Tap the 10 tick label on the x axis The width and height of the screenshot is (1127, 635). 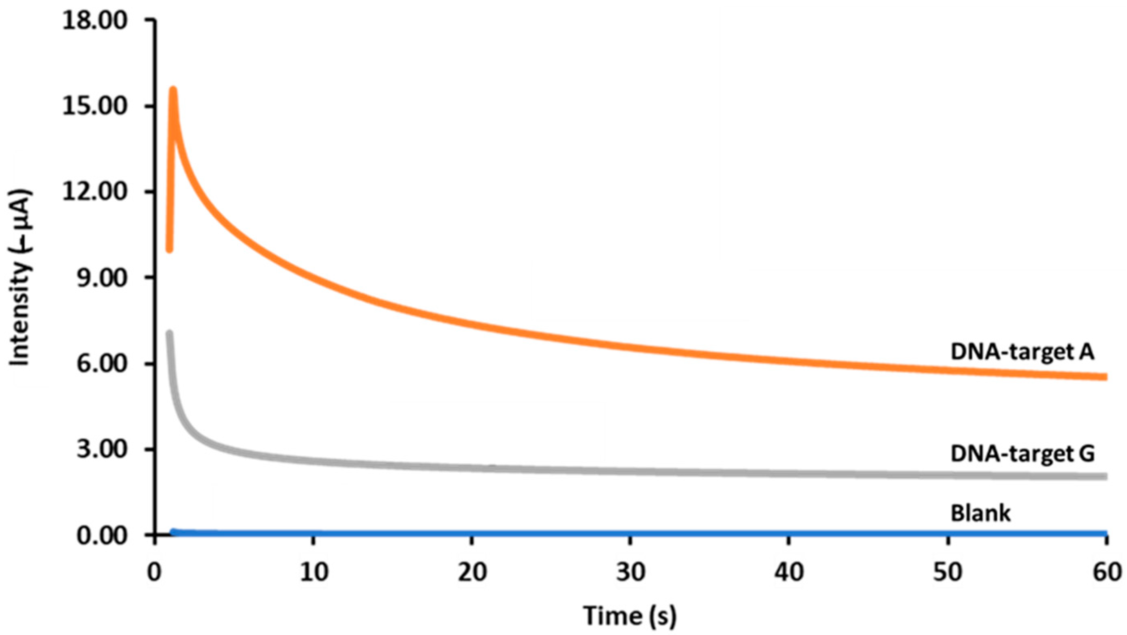tap(313, 571)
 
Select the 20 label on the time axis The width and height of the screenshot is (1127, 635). tap(472, 571)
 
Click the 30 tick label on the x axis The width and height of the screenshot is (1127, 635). tap(630, 571)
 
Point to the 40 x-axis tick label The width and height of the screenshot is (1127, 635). tap(789, 571)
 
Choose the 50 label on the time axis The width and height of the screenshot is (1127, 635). tap(948, 571)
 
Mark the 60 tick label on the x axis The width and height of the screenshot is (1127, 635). tap(1106, 571)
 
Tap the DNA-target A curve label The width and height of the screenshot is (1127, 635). tap(1022, 352)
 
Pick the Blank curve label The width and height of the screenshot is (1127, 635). tap(980, 513)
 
